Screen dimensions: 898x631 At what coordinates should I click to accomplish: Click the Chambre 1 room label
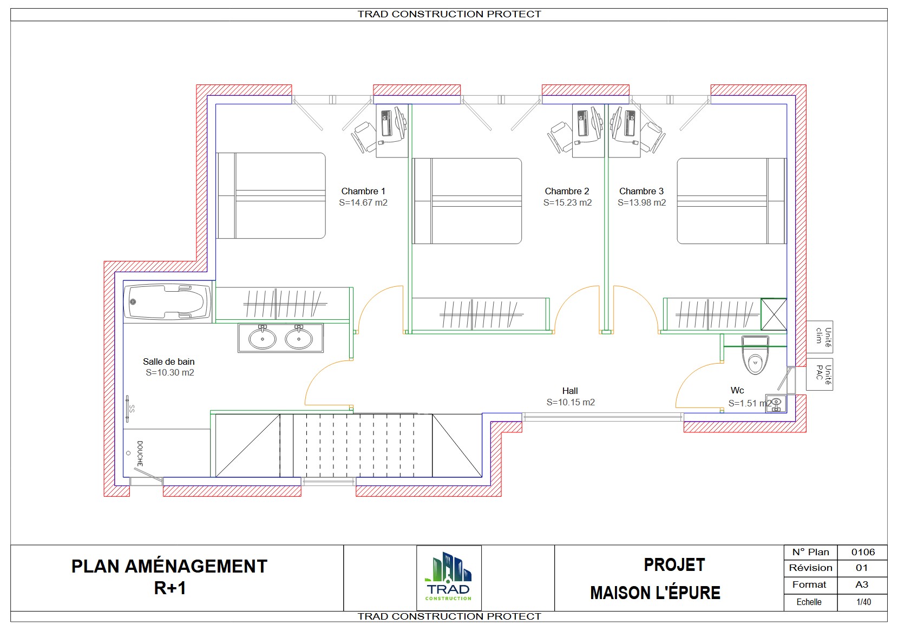point(363,191)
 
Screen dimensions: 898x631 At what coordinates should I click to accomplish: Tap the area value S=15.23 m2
point(567,203)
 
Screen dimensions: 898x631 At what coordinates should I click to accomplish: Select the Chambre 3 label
point(641,191)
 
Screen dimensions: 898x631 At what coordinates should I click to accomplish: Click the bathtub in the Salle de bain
point(168,301)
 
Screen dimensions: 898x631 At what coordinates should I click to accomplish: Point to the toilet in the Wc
point(755,355)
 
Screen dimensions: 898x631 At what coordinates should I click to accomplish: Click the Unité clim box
point(820,337)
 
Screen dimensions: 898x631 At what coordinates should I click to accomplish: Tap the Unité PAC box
point(820,374)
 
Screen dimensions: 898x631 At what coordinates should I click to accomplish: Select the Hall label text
point(569,391)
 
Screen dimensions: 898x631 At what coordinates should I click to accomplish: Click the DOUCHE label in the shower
point(140,453)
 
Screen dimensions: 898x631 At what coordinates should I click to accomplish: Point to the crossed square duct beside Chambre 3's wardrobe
point(774,315)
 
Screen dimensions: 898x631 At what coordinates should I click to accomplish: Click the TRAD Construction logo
point(449,577)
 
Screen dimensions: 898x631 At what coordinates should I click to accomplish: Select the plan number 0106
point(863,552)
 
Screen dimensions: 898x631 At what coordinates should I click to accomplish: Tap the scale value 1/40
point(863,602)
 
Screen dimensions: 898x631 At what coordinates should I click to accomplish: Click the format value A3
point(862,584)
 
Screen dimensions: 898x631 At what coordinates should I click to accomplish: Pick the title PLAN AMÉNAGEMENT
point(169,567)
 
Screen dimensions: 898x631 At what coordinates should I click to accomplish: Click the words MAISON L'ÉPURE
point(655,593)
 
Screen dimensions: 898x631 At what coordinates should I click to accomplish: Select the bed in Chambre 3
point(732,201)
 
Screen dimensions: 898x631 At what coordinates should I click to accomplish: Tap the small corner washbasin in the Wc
point(776,403)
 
